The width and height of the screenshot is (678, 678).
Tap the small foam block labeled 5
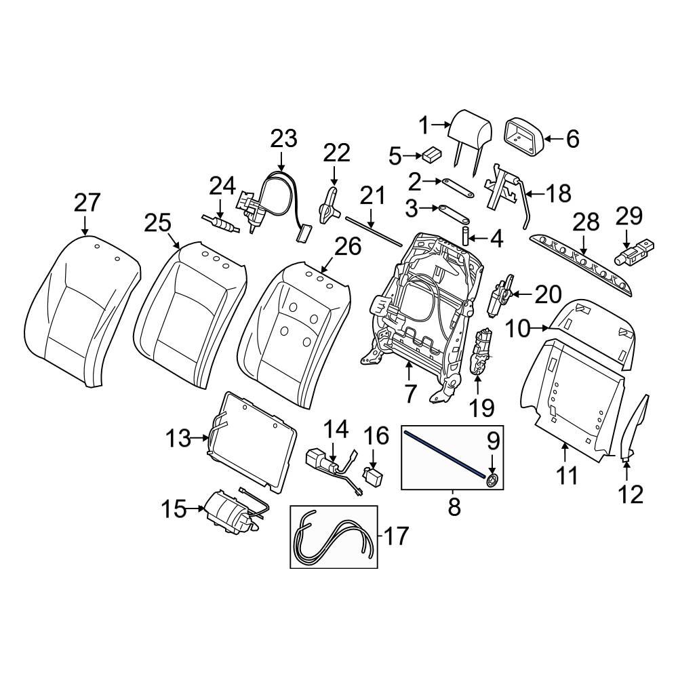[429, 155]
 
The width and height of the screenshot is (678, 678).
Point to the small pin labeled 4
[466, 238]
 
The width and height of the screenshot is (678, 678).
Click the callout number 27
[87, 203]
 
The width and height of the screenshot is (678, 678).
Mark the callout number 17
[397, 536]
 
